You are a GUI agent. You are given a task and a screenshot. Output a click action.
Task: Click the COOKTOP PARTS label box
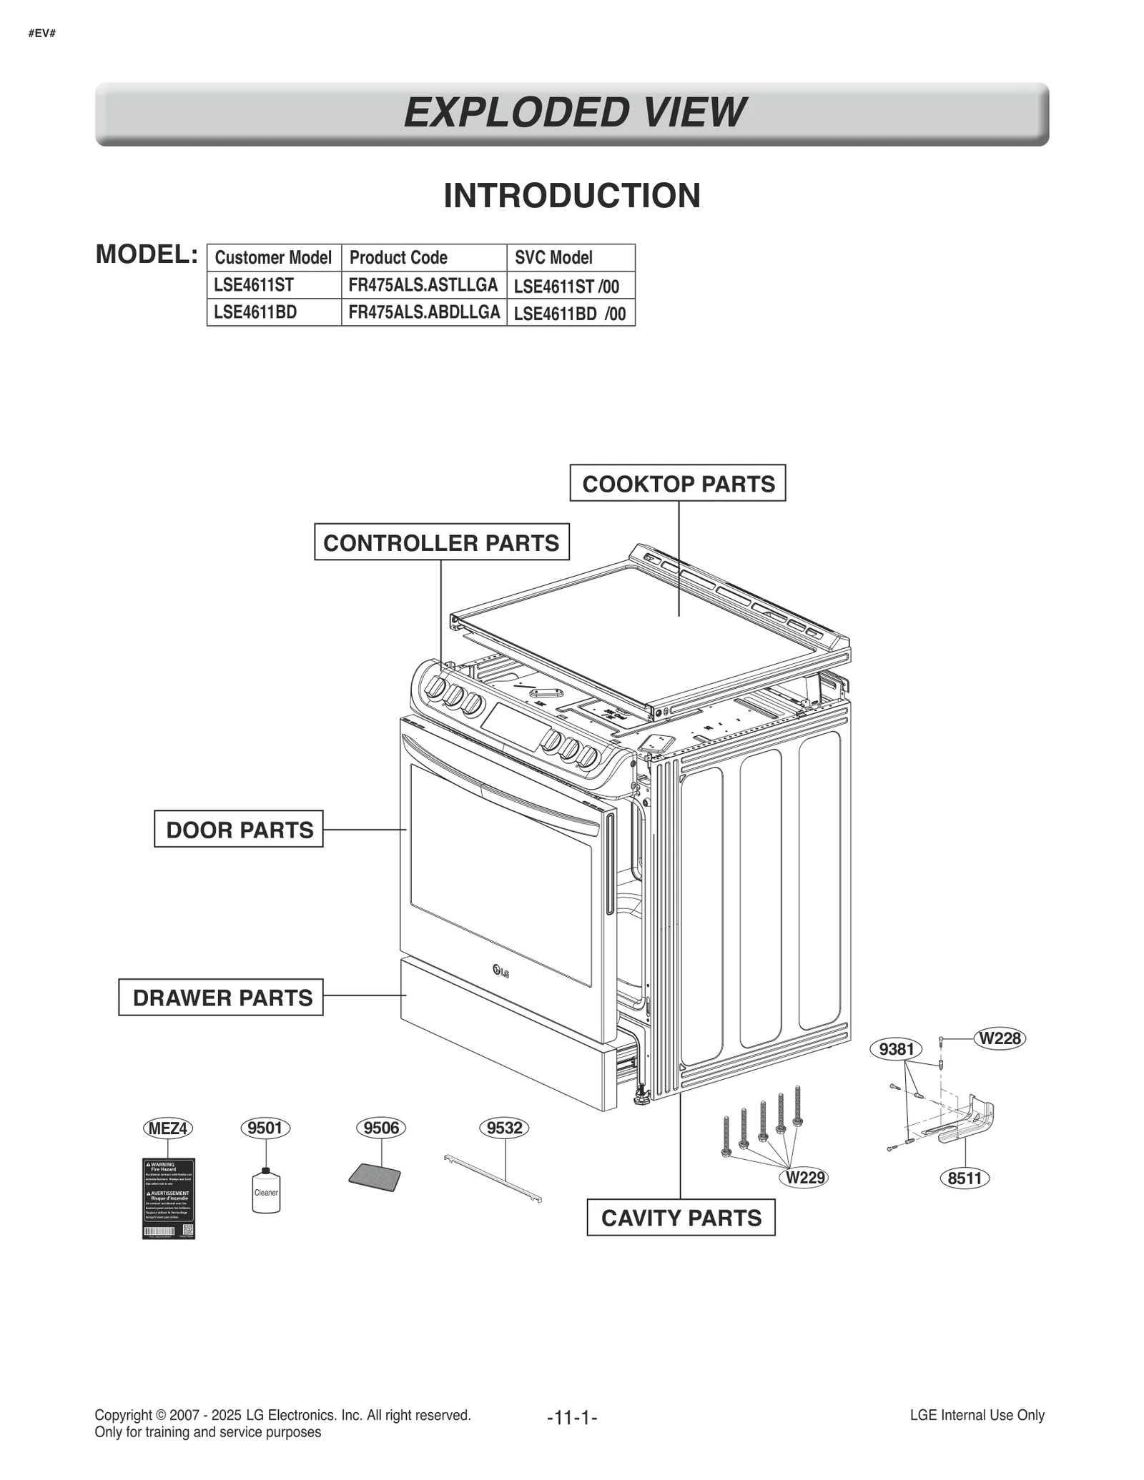point(677,483)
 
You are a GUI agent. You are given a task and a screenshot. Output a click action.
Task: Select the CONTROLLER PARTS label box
point(441,542)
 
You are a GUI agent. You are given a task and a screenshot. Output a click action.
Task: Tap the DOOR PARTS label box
point(239,829)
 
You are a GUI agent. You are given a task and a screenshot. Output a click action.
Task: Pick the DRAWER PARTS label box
point(221,997)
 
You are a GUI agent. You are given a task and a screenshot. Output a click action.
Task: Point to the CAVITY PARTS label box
point(681,1217)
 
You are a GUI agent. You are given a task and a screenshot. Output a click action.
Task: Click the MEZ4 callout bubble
point(167,1128)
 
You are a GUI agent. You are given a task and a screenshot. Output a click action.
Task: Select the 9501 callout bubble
point(265,1128)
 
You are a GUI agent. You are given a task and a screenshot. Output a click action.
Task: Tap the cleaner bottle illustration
point(266,1191)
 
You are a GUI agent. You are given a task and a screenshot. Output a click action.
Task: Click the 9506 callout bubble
point(381,1128)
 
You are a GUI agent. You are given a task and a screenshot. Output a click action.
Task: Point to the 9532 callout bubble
point(504,1128)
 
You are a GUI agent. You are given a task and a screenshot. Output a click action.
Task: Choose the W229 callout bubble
point(805,1177)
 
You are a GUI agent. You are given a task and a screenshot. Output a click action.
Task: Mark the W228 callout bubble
point(1000,1038)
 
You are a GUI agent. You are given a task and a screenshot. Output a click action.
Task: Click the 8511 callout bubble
point(964,1178)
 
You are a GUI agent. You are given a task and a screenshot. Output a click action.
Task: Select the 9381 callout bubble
point(896,1048)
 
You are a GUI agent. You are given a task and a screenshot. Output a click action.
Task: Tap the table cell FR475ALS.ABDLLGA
point(424,312)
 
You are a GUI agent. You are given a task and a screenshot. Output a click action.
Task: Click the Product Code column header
point(398,257)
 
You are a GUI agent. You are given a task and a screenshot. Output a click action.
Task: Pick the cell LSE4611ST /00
point(566,286)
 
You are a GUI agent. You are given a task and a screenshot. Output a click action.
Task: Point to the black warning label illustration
point(169,1198)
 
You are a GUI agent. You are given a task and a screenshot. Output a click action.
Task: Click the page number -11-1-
point(571,1416)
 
